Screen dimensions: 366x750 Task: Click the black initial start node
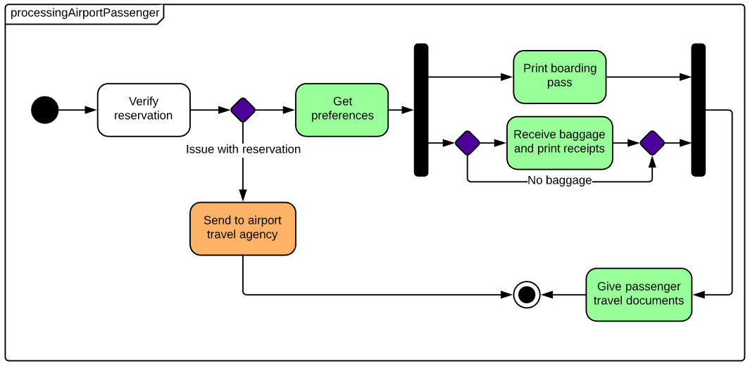(45, 110)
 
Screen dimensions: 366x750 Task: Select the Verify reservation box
(144, 109)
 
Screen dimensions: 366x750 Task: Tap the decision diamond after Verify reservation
(243, 110)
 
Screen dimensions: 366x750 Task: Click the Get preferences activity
(342, 109)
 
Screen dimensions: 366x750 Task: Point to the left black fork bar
(421, 110)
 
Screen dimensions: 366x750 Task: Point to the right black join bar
(698, 110)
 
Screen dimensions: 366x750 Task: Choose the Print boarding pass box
(559, 76)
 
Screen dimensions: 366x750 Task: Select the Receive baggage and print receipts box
(559, 143)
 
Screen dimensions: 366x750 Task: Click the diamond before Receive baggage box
(467, 143)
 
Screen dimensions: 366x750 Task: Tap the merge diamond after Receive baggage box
(652, 143)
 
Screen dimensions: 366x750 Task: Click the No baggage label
(559, 181)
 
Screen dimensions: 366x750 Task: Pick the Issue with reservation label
(243, 149)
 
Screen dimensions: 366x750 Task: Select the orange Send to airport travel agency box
(243, 228)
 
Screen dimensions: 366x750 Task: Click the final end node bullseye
(527, 294)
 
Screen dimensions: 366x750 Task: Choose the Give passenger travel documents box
(639, 294)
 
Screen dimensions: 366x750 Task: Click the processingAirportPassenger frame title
(85, 13)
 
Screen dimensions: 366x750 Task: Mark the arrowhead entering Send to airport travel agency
(243, 196)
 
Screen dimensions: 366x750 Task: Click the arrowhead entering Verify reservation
(91, 110)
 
